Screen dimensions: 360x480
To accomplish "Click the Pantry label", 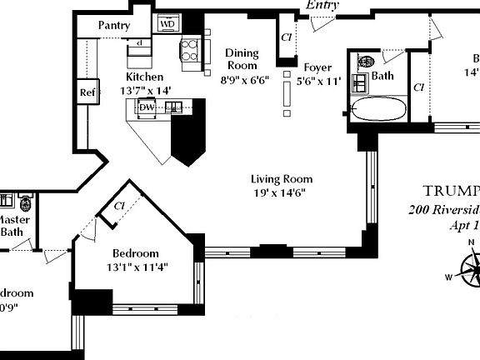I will [113, 26].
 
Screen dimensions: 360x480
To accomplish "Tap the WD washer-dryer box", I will [167, 24].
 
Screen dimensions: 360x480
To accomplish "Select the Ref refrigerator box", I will [87, 92].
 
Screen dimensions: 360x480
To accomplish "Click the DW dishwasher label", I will [146, 107].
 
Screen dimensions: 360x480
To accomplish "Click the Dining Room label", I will [242, 60].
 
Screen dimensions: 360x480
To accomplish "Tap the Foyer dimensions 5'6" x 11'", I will [319, 82].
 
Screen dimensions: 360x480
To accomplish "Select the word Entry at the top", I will [322, 5].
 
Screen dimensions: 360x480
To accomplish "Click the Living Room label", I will [282, 179].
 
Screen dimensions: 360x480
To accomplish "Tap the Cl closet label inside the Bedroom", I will [119, 205].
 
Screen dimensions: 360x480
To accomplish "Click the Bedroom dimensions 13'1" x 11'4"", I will [135, 267].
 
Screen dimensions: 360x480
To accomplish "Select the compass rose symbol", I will [472, 271].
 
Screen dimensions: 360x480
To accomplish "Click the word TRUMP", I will [451, 189].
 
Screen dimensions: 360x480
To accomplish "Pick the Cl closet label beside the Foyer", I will [286, 37].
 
